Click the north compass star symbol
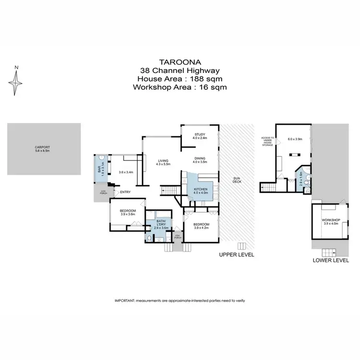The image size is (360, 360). (x=16, y=83)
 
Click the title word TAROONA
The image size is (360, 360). (x=180, y=62)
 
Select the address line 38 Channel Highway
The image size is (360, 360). (x=180, y=71)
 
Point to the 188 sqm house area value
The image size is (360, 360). (x=207, y=79)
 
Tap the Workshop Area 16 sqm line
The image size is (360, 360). (x=180, y=87)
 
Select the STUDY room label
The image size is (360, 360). (x=200, y=134)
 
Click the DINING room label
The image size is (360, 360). (x=200, y=158)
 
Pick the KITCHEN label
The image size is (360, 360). (x=200, y=190)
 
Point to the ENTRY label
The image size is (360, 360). (x=126, y=192)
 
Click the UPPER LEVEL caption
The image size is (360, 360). (x=236, y=254)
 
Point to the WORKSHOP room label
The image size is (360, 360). (x=332, y=220)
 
